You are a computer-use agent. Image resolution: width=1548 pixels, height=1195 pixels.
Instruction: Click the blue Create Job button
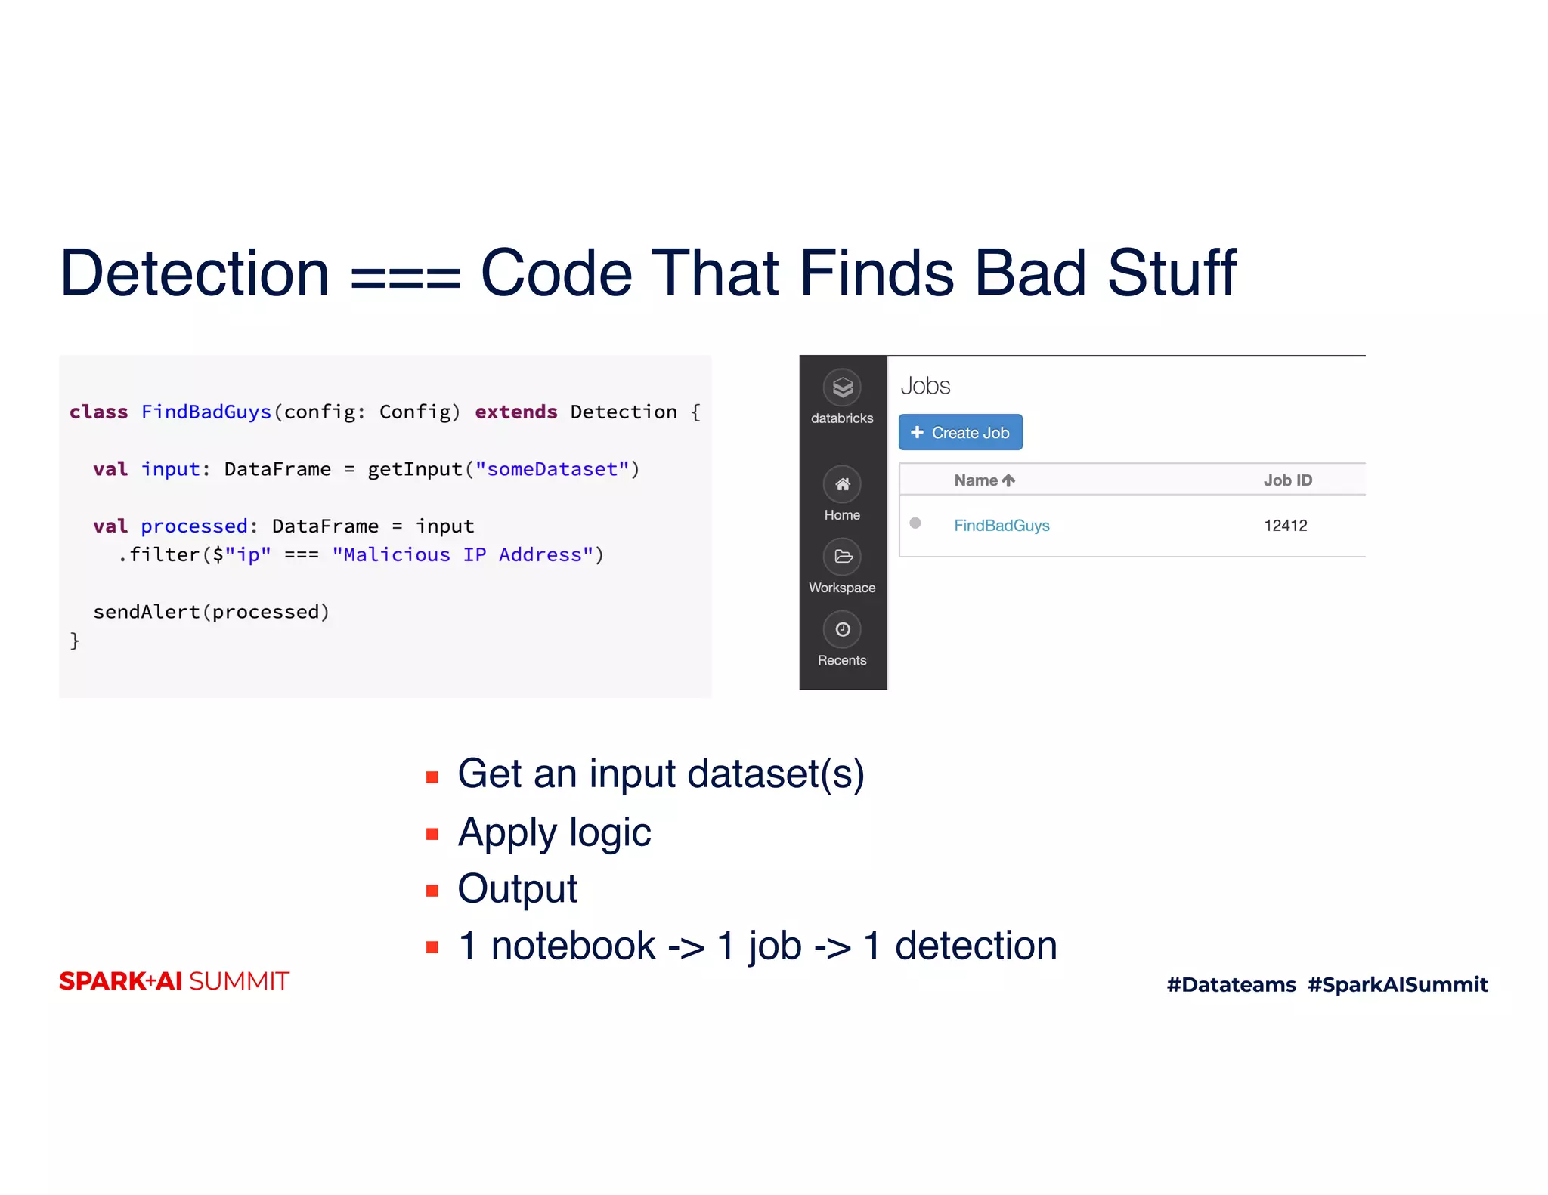[x=960, y=432]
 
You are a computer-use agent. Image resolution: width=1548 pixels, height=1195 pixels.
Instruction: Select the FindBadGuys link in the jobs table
[x=1001, y=525]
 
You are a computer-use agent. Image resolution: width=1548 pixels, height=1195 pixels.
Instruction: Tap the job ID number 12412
[x=1285, y=525]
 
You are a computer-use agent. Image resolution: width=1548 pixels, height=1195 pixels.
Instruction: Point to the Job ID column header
[x=1287, y=480]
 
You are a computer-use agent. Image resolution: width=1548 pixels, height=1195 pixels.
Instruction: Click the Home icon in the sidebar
[x=842, y=484]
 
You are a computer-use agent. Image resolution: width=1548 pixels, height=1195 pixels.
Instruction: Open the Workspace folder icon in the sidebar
[x=842, y=557]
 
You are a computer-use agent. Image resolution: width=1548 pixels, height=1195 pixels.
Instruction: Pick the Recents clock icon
[x=842, y=629]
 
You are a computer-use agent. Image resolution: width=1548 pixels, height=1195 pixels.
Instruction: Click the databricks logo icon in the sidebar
[x=842, y=388]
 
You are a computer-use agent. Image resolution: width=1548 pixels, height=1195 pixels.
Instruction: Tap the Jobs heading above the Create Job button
[x=925, y=386]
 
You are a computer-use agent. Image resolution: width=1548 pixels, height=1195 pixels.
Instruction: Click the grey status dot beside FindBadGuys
[x=915, y=523]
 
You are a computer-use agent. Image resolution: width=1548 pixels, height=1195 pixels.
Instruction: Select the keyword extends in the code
[x=515, y=412]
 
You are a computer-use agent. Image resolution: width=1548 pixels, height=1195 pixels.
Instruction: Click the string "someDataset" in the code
[x=552, y=469]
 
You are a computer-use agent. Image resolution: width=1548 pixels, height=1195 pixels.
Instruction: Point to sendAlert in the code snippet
[x=146, y=612]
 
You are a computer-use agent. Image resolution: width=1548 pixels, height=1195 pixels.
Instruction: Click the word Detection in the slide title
[x=194, y=273]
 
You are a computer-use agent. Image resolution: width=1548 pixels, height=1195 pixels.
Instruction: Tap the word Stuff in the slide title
[x=1171, y=273]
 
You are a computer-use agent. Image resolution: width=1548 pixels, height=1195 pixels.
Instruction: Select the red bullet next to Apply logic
[x=432, y=834]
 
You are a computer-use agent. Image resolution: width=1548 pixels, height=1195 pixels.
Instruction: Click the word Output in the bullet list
[x=517, y=888]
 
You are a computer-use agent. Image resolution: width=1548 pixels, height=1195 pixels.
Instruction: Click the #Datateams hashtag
[x=1231, y=984]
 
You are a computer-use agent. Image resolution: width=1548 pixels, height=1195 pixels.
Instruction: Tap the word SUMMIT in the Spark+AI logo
[x=239, y=981]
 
